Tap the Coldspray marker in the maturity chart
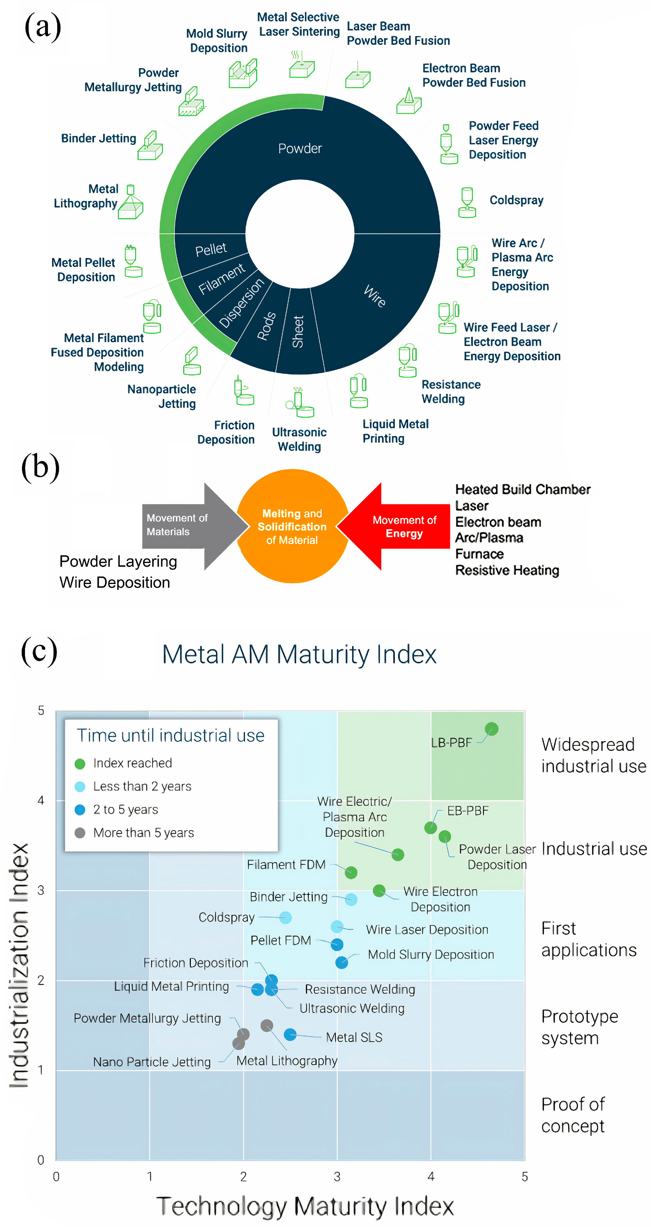tap(285, 917)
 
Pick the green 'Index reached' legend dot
tap(80, 764)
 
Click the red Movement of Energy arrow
tap(395, 526)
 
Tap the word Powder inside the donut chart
tap(300, 149)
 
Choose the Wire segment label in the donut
tap(375, 296)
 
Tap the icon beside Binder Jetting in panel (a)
tap(150, 146)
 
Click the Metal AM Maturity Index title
tap(299, 654)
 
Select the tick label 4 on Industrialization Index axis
tap(41, 800)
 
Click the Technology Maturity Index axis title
tap(305, 1206)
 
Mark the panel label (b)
tap(40, 467)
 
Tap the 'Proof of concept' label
tap(573, 1115)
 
